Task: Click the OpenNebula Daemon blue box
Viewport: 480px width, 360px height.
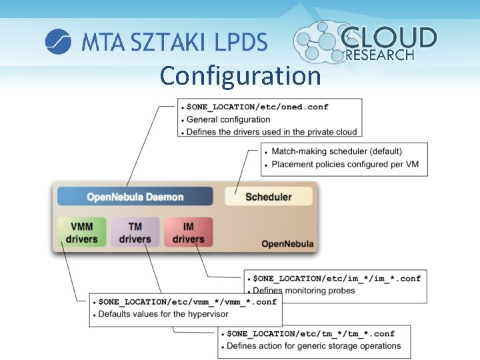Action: [x=135, y=197]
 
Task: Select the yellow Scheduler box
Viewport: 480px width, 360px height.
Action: [x=268, y=197]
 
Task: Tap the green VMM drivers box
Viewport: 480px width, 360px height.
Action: [x=81, y=233]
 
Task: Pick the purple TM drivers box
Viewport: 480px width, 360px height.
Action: [x=135, y=233]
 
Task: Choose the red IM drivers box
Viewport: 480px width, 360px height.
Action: [x=188, y=233]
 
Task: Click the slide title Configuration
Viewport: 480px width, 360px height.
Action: [x=240, y=75]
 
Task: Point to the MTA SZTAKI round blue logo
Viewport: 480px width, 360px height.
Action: [x=58, y=42]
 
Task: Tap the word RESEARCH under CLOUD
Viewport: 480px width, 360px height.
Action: [x=380, y=55]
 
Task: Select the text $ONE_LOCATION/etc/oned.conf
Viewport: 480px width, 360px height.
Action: [x=257, y=107]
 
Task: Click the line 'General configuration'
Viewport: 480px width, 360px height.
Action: [x=228, y=119]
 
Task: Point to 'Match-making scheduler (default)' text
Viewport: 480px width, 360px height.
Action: [x=337, y=151]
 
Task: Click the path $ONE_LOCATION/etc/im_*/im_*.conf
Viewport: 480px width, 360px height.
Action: [x=337, y=278]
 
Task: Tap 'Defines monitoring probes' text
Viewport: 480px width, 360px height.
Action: [x=304, y=291]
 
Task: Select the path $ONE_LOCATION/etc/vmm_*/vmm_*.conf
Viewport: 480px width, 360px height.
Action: [x=187, y=301]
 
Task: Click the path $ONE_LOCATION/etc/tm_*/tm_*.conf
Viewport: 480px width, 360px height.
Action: [x=311, y=333]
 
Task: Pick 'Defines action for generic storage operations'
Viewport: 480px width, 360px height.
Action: [x=313, y=346]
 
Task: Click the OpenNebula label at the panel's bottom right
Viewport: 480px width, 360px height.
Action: [x=287, y=244]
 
